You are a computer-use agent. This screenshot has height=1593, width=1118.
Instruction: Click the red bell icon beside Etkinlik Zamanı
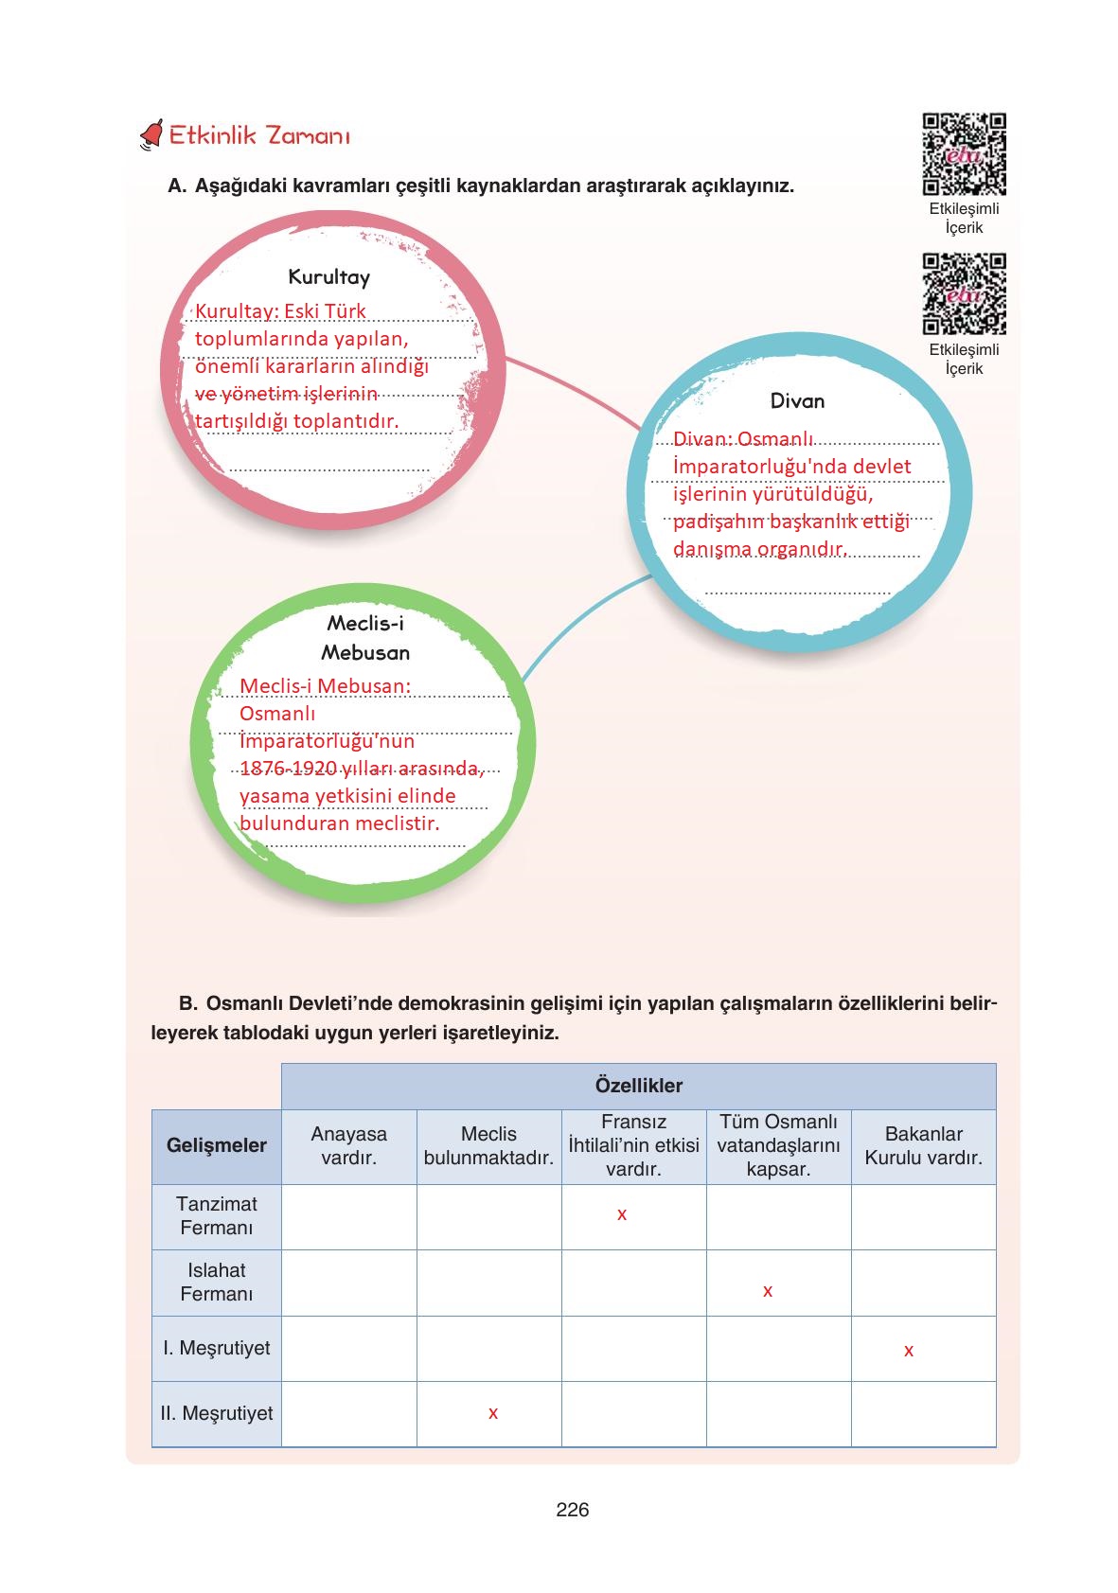tap(151, 134)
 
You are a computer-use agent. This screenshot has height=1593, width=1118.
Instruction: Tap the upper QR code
tap(964, 153)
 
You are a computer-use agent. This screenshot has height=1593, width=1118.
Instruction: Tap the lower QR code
tap(964, 293)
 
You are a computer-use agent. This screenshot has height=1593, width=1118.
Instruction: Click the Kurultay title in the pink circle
tap(328, 277)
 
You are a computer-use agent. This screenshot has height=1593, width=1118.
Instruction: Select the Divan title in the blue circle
tap(797, 401)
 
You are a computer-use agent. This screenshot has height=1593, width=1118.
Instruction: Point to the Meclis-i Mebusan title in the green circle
tap(365, 637)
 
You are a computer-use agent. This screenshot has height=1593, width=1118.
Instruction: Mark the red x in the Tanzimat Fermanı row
tap(622, 1214)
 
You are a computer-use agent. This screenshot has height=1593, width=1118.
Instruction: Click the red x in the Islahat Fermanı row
tap(768, 1291)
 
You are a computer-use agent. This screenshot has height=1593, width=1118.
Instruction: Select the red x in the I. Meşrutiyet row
tap(909, 1351)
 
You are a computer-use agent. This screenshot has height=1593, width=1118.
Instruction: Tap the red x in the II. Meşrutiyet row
tap(493, 1413)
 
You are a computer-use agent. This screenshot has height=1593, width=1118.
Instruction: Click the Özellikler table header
tap(638, 1086)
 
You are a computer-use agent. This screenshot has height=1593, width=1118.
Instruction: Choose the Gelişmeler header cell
tap(217, 1145)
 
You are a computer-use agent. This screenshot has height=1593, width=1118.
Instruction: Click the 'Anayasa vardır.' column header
tap(348, 1145)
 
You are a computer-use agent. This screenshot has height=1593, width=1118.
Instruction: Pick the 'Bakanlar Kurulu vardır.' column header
tap(923, 1145)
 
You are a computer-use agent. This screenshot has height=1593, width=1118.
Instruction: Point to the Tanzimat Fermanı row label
tap(217, 1215)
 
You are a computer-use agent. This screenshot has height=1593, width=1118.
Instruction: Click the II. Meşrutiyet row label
tap(217, 1413)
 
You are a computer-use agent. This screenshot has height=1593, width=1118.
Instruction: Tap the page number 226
tap(573, 1510)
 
